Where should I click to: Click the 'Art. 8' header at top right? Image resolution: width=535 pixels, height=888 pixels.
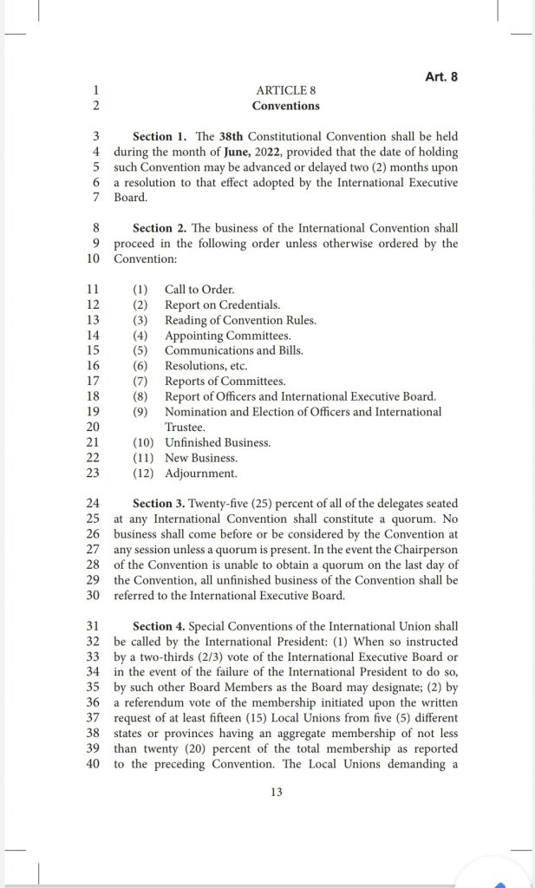click(440, 76)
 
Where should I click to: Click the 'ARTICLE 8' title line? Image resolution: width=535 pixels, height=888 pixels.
click(286, 90)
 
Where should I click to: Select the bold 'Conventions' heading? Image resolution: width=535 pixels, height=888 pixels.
click(286, 106)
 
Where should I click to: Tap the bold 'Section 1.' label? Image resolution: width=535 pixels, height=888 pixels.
click(160, 137)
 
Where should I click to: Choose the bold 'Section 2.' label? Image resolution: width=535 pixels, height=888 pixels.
click(161, 228)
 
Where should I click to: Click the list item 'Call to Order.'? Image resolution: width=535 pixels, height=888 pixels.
click(199, 290)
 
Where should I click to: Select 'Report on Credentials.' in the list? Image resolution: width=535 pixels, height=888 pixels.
click(222, 305)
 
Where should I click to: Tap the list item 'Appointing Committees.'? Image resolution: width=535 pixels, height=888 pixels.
click(228, 336)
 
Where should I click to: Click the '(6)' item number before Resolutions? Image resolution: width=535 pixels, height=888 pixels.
click(140, 366)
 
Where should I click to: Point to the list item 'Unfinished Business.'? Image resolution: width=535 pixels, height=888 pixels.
click(218, 442)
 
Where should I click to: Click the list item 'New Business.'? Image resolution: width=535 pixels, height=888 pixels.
click(201, 458)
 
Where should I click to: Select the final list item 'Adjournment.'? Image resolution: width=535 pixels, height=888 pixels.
click(201, 473)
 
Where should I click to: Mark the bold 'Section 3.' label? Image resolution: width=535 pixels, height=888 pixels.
click(161, 504)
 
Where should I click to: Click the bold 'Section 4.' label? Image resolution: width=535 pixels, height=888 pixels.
click(161, 626)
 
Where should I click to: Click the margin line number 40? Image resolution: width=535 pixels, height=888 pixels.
click(95, 763)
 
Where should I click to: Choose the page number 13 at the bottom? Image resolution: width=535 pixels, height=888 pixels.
click(277, 791)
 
